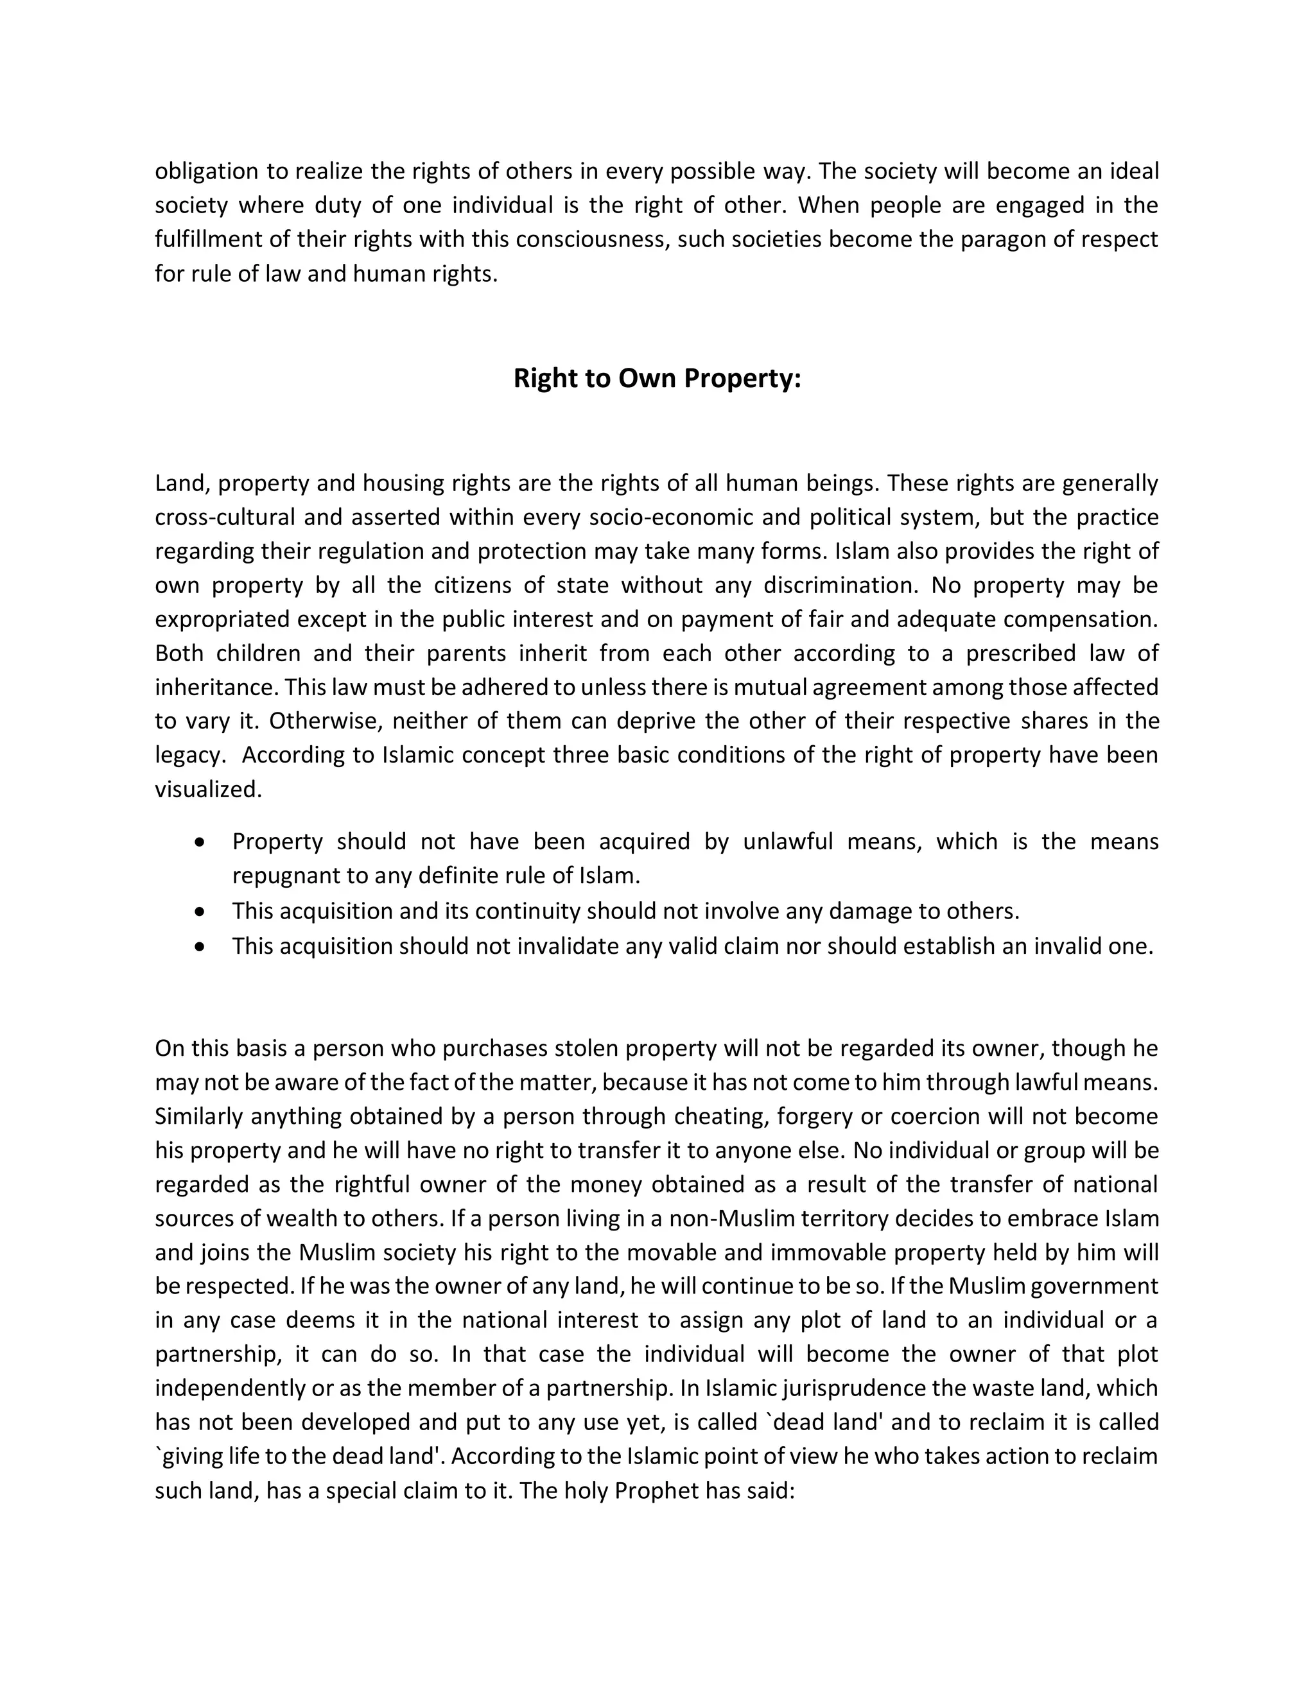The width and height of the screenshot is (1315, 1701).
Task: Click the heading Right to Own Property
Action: [x=657, y=379]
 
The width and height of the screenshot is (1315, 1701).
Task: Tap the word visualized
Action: [x=208, y=789]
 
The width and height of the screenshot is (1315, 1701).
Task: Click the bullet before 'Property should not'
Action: [x=201, y=843]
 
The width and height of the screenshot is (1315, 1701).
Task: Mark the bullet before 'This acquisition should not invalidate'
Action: [x=201, y=946]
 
